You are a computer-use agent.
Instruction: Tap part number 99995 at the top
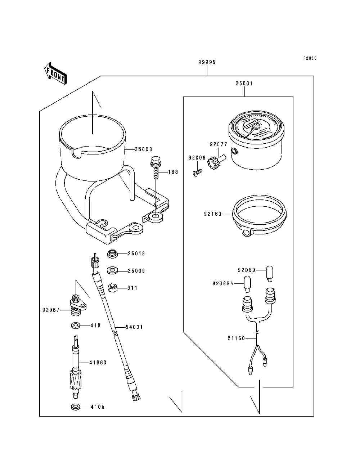point(207,62)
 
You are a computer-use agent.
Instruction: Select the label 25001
point(244,84)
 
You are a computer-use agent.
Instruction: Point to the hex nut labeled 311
point(112,288)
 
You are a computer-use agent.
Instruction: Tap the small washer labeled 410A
point(75,407)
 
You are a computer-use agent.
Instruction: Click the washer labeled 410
point(75,326)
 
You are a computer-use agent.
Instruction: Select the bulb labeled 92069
point(271,273)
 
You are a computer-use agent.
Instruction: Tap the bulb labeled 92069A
point(247,283)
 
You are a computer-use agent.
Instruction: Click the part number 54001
point(134,327)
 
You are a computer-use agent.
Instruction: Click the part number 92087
point(50,309)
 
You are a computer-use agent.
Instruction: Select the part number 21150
point(236,338)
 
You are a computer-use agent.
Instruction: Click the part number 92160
point(213,214)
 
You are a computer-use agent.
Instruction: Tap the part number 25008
point(143,149)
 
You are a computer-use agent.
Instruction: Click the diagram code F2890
point(309,58)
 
